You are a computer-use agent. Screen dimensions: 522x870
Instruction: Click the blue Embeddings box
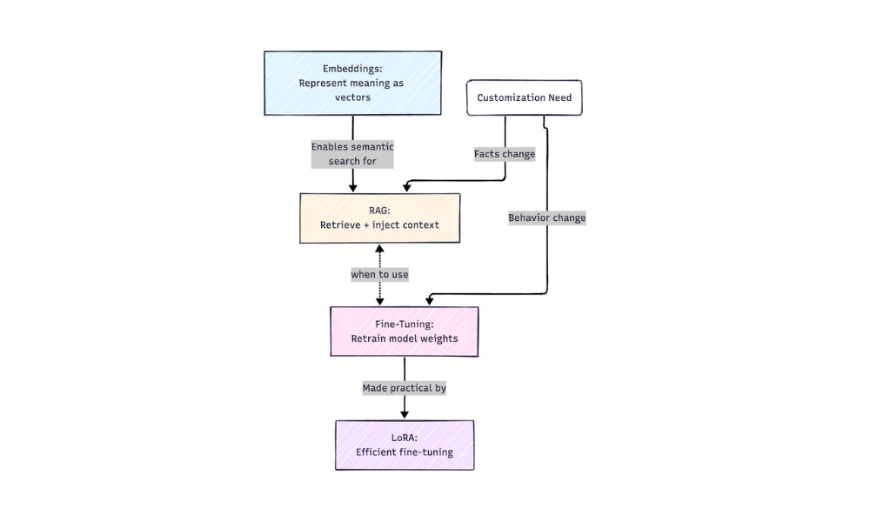pyautogui.click(x=352, y=83)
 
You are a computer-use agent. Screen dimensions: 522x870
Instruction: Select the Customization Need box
pyautogui.click(x=524, y=97)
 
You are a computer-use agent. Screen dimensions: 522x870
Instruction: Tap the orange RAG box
pyautogui.click(x=379, y=217)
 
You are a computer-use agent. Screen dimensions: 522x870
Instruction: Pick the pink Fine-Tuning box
pyautogui.click(x=404, y=331)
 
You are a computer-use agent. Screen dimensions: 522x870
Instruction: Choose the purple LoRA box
pyautogui.click(x=405, y=445)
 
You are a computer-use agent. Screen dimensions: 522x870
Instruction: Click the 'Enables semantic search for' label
pyautogui.click(x=352, y=154)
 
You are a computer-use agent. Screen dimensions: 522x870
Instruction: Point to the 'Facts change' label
pyautogui.click(x=505, y=154)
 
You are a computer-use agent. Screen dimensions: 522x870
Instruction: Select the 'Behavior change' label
pyautogui.click(x=546, y=217)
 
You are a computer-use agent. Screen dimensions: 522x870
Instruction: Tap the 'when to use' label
pyautogui.click(x=379, y=274)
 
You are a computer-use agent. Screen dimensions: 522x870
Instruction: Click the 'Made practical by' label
pyautogui.click(x=405, y=388)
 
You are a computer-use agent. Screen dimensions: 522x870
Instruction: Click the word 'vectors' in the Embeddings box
pyautogui.click(x=352, y=97)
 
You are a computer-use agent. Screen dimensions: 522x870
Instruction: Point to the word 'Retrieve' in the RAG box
pyautogui.click(x=342, y=225)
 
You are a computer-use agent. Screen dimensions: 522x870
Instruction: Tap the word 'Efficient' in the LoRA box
pyautogui.click(x=377, y=452)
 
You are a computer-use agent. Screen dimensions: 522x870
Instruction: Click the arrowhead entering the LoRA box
pyautogui.click(x=405, y=414)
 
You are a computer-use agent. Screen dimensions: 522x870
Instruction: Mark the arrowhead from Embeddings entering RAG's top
pyautogui.click(x=352, y=187)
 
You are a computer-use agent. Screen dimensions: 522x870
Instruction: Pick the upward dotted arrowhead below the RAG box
pyautogui.click(x=379, y=250)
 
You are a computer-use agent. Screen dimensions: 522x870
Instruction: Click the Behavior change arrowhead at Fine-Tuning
pyautogui.click(x=430, y=300)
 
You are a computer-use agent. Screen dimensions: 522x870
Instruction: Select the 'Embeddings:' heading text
pyautogui.click(x=352, y=69)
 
